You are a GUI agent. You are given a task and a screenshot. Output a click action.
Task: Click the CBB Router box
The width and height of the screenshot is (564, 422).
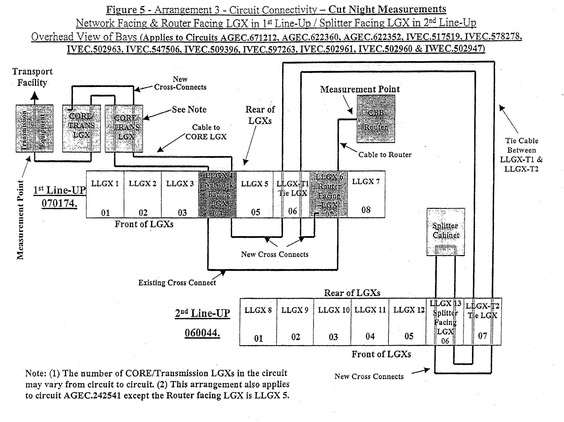pyautogui.click(x=376, y=119)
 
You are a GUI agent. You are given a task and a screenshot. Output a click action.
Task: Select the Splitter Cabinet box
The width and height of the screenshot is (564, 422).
pyautogui.click(x=446, y=231)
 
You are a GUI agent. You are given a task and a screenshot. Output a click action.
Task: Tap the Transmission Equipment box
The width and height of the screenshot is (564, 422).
pyautogui.click(x=34, y=129)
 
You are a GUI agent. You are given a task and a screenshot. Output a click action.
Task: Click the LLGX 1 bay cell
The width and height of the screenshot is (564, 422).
pyautogui.click(x=105, y=194)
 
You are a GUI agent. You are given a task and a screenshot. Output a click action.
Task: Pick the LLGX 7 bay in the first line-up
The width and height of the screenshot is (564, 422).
pyautogui.click(x=366, y=194)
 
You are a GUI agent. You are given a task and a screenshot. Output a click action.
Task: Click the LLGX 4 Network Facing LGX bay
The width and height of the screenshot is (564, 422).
pyautogui.click(x=217, y=194)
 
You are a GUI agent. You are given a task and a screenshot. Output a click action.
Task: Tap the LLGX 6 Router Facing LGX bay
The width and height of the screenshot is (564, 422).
pyautogui.click(x=329, y=194)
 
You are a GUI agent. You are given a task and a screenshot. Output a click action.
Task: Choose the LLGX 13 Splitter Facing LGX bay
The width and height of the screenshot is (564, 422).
pyautogui.click(x=445, y=322)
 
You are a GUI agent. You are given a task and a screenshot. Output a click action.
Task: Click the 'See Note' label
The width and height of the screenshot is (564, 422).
pyautogui.click(x=189, y=109)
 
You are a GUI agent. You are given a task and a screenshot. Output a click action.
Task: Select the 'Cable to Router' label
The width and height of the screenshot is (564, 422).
pyautogui.click(x=385, y=155)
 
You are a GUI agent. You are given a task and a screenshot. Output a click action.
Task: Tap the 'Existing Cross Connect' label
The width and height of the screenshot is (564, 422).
pyautogui.click(x=177, y=283)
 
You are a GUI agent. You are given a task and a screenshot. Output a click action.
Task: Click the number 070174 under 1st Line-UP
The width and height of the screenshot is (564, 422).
pyautogui.click(x=59, y=204)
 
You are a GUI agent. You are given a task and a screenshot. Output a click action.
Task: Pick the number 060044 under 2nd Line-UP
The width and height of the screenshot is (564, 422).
pyautogui.click(x=202, y=333)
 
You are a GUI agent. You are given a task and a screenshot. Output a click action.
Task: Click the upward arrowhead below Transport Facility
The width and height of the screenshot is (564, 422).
pyautogui.click(x=35, y=96)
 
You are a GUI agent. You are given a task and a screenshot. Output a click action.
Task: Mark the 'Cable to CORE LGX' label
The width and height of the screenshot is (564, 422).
pyautogui.click(x=206, y=132)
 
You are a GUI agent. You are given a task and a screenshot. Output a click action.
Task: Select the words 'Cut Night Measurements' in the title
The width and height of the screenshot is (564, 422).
pyautogui.click(x=387, y=9)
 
